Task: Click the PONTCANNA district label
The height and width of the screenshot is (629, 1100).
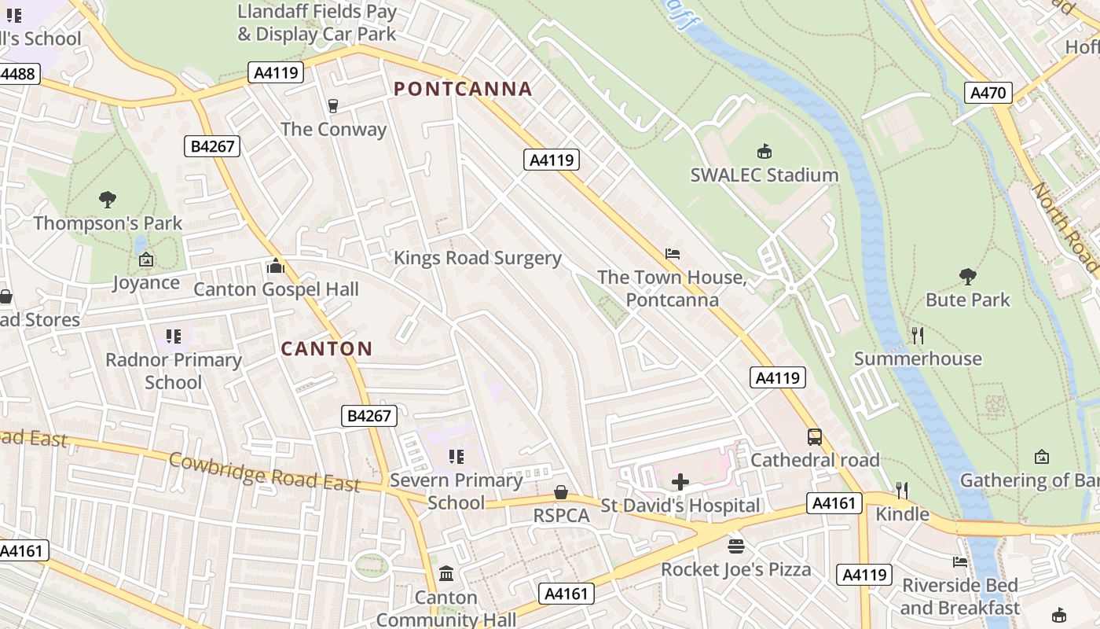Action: (463, 89)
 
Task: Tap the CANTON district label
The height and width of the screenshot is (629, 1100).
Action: (327, 348)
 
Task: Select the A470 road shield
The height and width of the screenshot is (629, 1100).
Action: (988, 93)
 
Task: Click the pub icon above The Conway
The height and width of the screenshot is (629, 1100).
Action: (333, 106)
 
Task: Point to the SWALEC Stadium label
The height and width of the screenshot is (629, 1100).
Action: (764, 175)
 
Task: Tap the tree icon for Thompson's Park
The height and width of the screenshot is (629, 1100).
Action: (108, 200)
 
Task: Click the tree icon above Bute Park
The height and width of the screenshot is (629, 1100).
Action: (967, 277)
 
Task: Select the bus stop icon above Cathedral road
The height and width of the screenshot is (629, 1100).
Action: (815, 437)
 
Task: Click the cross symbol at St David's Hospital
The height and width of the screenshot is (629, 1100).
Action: (680, 482)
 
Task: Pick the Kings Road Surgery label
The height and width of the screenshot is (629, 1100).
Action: (477, 258)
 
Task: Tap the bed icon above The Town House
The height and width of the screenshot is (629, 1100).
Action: (672, 254)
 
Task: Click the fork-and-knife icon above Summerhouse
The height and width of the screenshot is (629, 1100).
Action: (917, 336)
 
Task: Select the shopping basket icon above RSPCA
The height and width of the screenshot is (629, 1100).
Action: (561, 493)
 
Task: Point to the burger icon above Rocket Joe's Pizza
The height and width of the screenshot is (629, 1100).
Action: (735, 546)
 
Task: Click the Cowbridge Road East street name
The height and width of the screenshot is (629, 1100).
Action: (264, 472)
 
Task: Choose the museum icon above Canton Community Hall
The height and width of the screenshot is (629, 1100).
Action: (446, 574)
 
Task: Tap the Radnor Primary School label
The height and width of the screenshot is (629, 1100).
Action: (174, 371)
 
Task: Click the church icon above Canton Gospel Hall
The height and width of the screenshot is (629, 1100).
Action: (275, 267)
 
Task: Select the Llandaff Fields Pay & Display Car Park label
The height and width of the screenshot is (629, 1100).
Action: (317, 23)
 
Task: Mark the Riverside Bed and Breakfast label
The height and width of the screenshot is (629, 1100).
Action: (959, 597)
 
